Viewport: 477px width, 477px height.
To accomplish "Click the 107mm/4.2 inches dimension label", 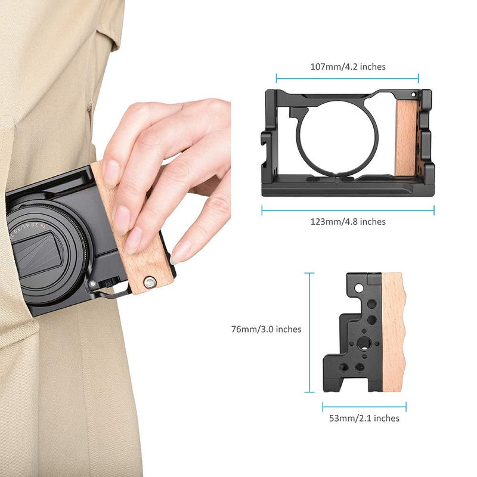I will [348, 67].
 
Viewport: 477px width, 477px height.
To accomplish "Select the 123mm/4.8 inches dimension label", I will [348, 222].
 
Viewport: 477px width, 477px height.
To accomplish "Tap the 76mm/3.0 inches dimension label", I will [266, 329].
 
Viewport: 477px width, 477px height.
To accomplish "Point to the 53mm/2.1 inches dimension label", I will [364, 419].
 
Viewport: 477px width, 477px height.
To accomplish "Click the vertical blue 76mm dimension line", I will [309, 333].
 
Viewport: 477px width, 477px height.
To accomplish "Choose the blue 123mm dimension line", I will [348, 210].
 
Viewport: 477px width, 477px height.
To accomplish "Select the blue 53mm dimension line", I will [364, 407].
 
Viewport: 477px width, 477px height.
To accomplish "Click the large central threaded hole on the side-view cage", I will [361, 344].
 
